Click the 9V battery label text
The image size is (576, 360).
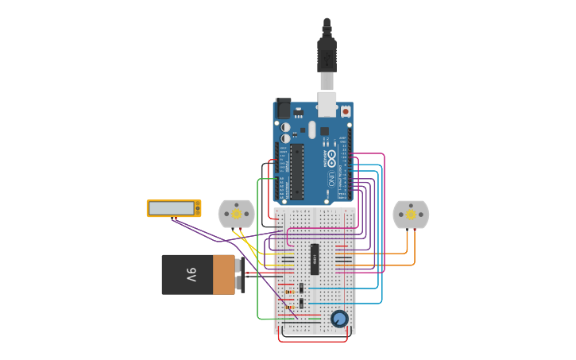(191, 275)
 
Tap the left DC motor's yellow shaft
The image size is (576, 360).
(236, 213)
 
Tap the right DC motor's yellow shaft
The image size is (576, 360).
(411, 214)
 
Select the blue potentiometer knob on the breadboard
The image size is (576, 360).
(339, 319)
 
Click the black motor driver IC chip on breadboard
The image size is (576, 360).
(315, 259)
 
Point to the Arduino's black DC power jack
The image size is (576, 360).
(283, 108)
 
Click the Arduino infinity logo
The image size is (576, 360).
(331, 157)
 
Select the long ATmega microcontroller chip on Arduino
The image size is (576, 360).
(297, 171)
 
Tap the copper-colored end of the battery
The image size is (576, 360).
(224, 275)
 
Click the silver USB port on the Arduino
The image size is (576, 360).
(327, 103)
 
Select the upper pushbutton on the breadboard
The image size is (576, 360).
(301, 288)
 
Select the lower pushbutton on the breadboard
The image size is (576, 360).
(301, 304)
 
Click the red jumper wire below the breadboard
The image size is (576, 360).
(312, 341)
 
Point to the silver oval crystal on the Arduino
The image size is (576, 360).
(312, 130)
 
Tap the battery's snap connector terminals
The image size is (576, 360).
(241, 275)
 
